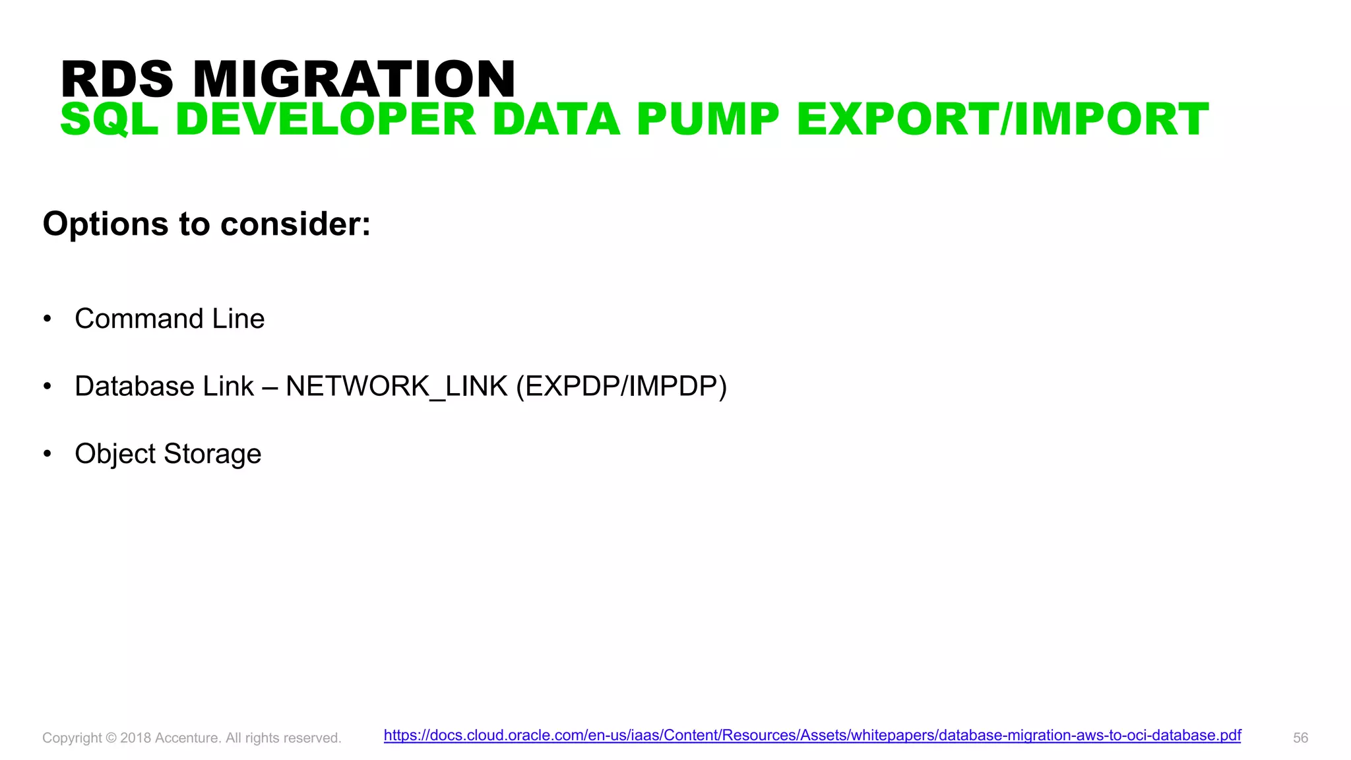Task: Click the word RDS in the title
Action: (117, 79)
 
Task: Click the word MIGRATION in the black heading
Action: (354, 79)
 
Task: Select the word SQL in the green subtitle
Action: (110, 120)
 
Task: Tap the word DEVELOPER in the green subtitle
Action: (326, 120)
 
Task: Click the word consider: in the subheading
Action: (296, 224)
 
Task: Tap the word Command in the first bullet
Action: (139, 319)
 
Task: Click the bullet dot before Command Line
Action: (47, 319)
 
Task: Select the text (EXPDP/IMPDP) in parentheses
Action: (621, 387)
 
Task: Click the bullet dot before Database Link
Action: (47, 387)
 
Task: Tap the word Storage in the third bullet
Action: (212, 454)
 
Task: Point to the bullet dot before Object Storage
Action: (47, 454)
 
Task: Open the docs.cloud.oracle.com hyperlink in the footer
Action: (812, 736)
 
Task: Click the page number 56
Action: (1300, 738)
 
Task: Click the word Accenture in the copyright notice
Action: (187, 738)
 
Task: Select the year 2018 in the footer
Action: (135, 738)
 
